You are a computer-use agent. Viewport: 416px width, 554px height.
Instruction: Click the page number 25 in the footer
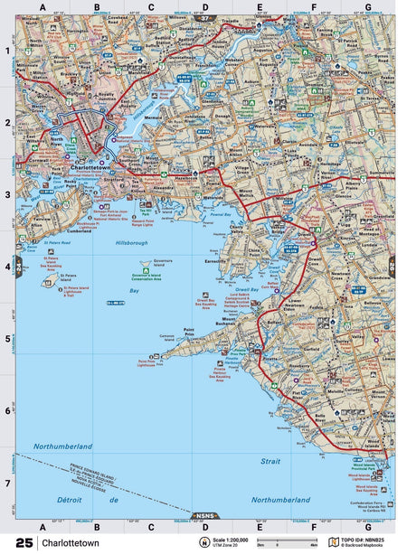24,543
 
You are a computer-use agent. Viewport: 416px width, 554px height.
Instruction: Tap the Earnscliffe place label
217,257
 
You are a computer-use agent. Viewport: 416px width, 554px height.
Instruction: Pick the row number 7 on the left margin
7,483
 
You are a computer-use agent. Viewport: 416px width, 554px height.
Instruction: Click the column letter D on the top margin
205,7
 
